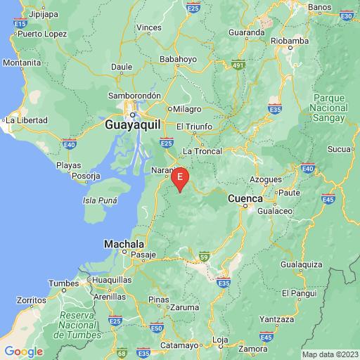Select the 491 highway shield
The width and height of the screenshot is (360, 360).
tap(238, 65)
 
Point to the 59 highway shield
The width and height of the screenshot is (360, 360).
tap(204, 256)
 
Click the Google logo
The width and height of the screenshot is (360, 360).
tap(23, 351)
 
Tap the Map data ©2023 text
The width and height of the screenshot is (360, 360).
tap(330, 354)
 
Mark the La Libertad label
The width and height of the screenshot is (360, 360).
tap(27, 120)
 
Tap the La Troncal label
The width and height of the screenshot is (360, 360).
tap(202, 151)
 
